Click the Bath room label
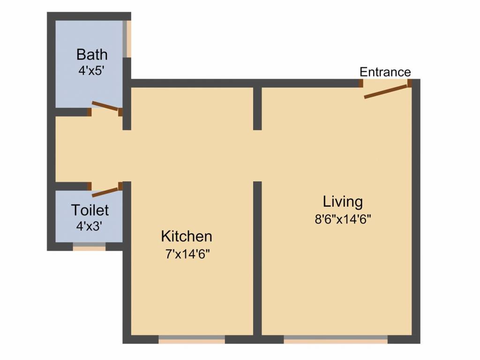(92, 55)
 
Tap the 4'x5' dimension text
(92, 71)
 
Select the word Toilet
(90, 210)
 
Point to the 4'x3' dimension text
(89, 226)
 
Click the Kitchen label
(187, 236)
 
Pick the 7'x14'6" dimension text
(187, 254)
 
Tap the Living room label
(343, 202)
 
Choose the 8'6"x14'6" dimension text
(343, 219)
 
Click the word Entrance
(385, 72)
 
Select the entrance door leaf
(386, 91)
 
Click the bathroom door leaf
(105, 105)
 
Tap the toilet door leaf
(105, 192)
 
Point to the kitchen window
(192, 339)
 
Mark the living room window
(336, 339)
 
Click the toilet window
(89, 247)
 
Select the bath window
(127, 39)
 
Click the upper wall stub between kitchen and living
(257, 109)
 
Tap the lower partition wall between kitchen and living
(257, 258)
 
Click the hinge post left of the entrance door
(361, 83)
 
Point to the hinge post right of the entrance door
(410, 83)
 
